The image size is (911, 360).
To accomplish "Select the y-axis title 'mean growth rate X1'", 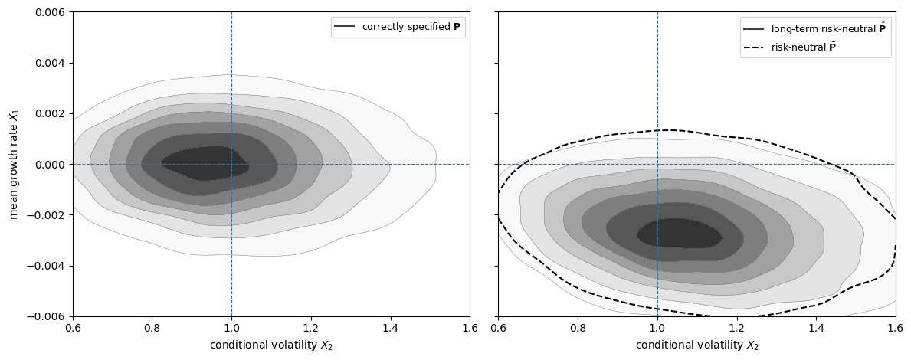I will click(x=14, y=164).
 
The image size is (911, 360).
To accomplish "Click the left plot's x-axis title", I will click(x=271, y=345).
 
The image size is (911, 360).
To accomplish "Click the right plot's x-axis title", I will click(x=696, y=345).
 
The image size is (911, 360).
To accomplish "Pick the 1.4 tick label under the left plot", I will click(x=390, y=328).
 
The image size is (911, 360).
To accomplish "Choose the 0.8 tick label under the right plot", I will click(x=577, y=328).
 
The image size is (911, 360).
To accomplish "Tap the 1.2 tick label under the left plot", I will click(x=310, y=328).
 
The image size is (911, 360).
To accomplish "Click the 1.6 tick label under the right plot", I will click(x=895, y=328).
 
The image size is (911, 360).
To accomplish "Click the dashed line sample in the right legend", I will click(x=753, y=47).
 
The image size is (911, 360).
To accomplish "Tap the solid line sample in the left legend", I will click(x=345, y=27).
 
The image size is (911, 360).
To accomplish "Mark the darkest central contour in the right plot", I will click(x=679, y=233).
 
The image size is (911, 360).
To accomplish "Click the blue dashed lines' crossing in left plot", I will click(x=231, y=164).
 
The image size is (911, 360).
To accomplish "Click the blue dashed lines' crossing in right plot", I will click(x=657, y=164).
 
